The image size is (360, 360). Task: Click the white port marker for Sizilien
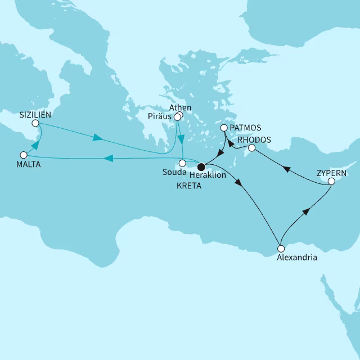point(35,123)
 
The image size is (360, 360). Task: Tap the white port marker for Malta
point(24,155)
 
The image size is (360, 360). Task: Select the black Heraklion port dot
point(201,165)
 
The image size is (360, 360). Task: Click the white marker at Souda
point(182,163)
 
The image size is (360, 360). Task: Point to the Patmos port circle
point(224,128)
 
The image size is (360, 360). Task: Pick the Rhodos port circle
point(252,148)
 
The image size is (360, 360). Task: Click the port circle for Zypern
point(331,182)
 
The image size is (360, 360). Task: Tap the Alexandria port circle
point(281,248)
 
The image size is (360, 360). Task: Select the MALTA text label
point(28,165)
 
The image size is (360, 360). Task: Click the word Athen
point(181,107)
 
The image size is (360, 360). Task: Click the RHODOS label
point(254,139)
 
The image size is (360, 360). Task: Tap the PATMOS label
point(245,128)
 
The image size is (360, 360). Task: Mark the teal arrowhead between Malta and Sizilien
point(34,145)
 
